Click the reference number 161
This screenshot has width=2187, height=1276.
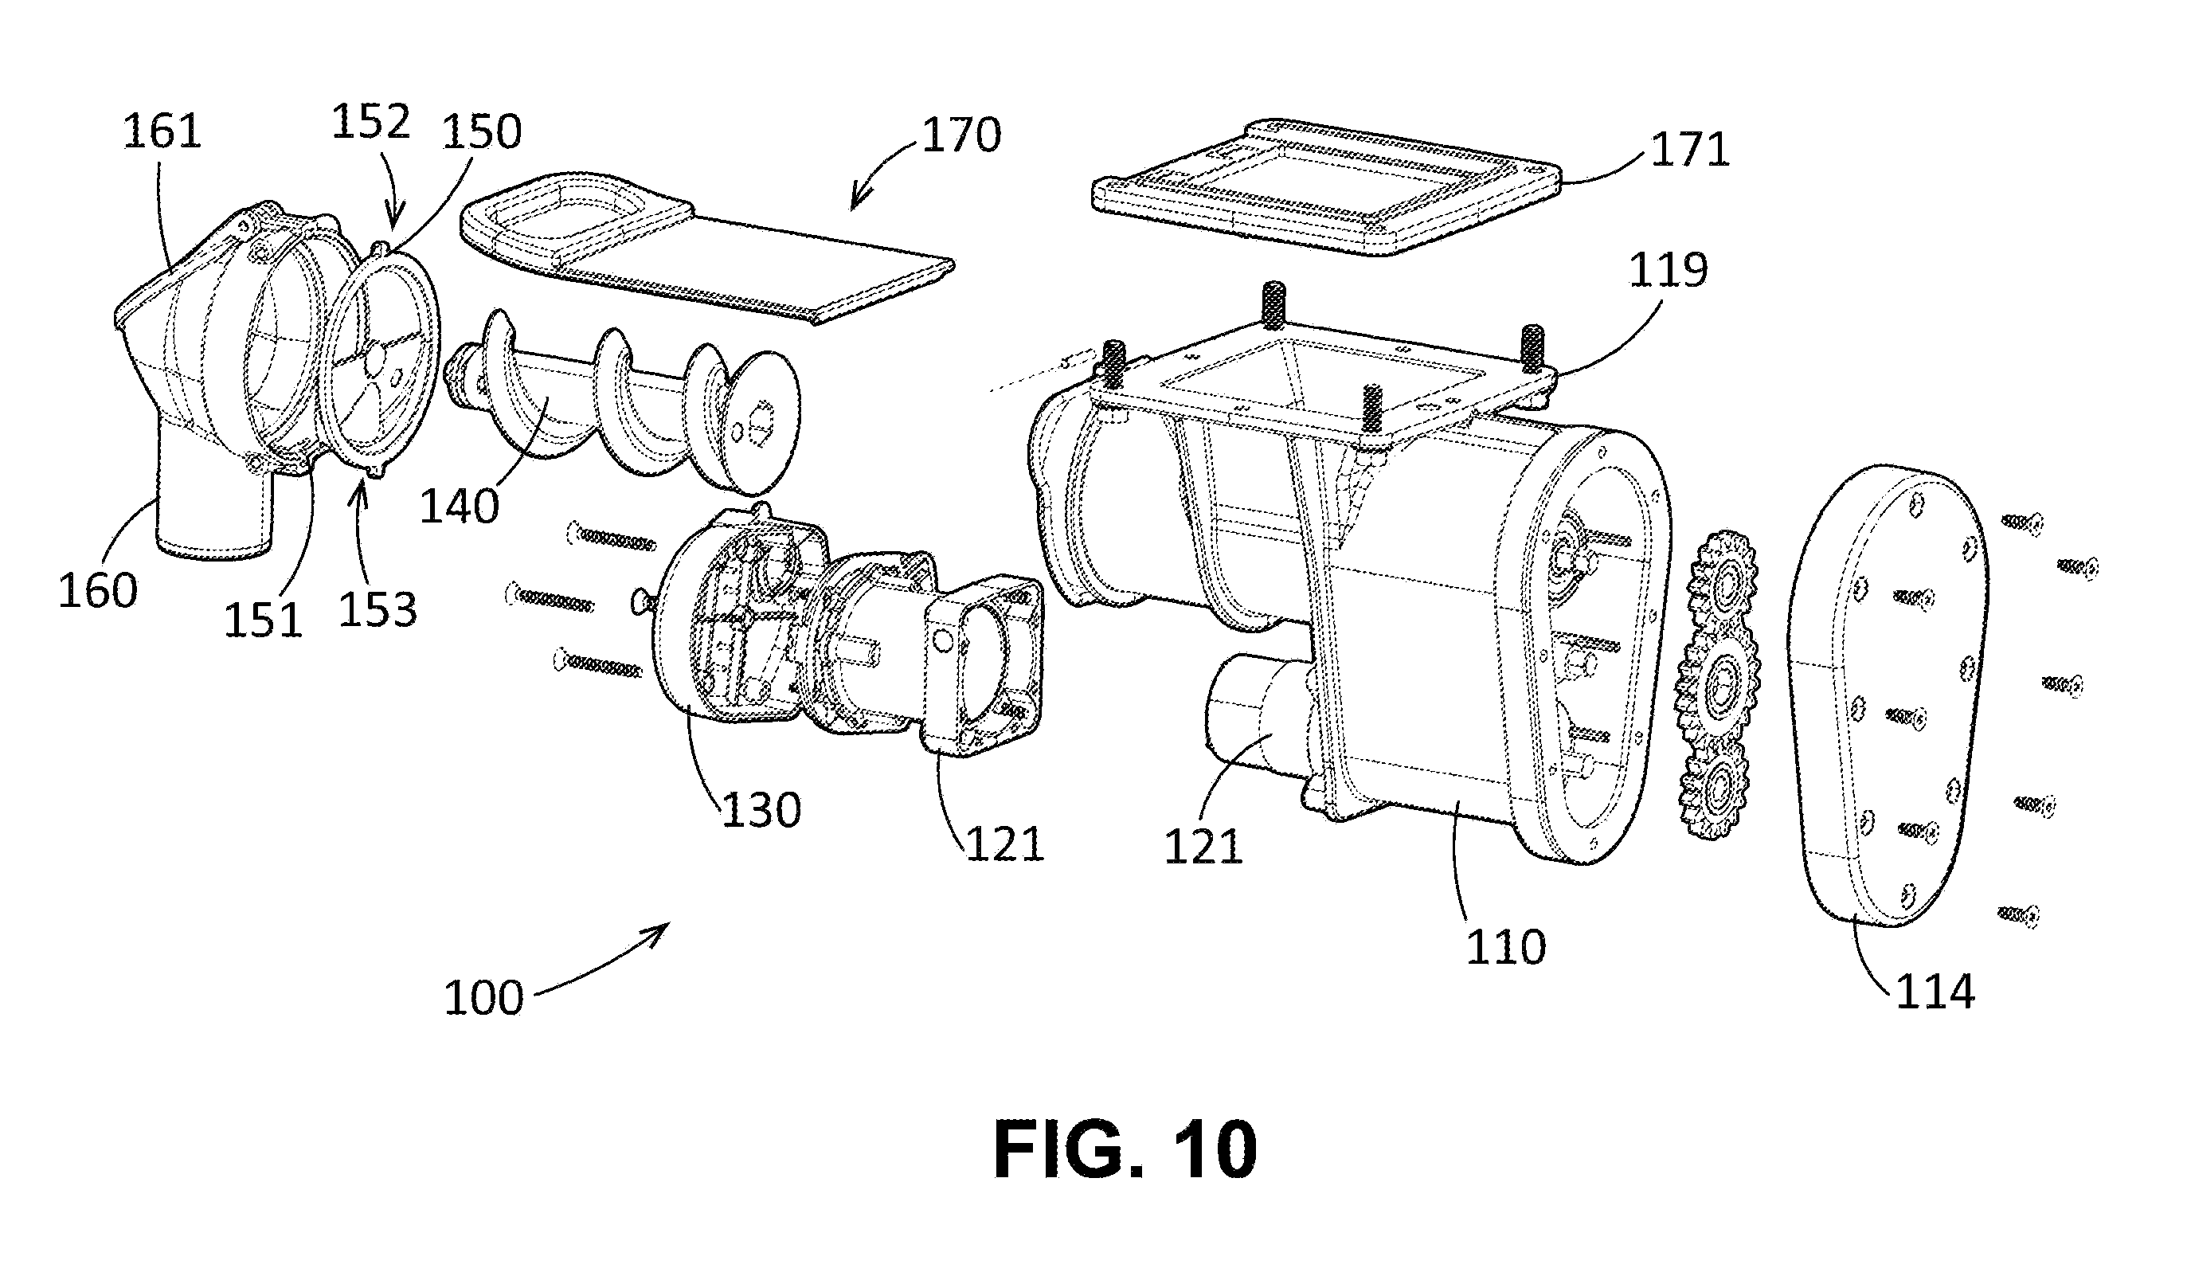(x=162, y=133)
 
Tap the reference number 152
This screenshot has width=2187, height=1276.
(x=370, y=122)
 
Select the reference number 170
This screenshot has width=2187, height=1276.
(x=961, y=135)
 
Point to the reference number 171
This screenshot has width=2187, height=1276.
(x=1690, y=151)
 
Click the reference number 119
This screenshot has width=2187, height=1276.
(x=1668, y=270)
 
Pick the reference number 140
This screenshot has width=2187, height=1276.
(x=460, y=506)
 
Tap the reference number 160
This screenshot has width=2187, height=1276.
(x=98, y=590)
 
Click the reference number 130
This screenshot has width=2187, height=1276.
(x=761, y=810)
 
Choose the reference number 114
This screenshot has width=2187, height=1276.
(x=1935, y=992)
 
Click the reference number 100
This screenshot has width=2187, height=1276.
(x=483, y=998)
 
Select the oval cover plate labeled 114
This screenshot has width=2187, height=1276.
(x=1888, y=699)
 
